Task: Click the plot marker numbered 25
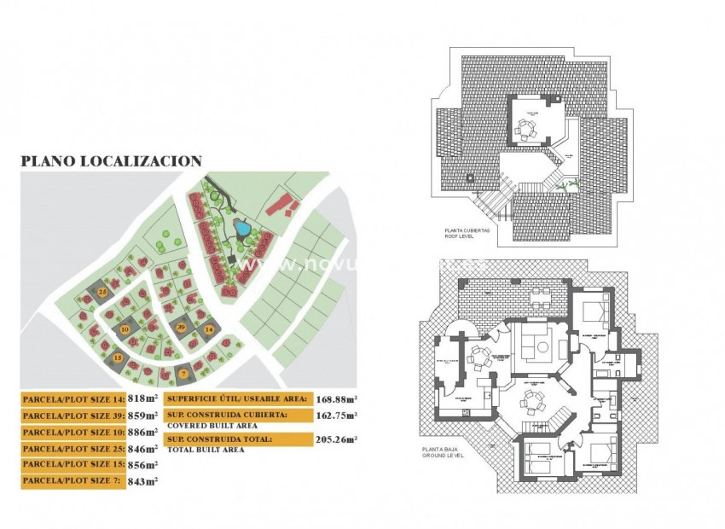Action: click(101, 293)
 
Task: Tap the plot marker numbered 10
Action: click(125, 328)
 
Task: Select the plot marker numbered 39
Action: click(181, 328)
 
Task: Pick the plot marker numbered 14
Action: click(209, 328)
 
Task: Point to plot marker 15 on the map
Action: click(118, 358)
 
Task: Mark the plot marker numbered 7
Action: click(184, 373)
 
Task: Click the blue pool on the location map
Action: click(242, 229)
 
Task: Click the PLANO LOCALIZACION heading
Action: click(111, 160)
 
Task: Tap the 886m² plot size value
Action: click(142, 432)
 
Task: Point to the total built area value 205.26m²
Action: click(336, 439)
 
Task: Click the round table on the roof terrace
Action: click(525, 129)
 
